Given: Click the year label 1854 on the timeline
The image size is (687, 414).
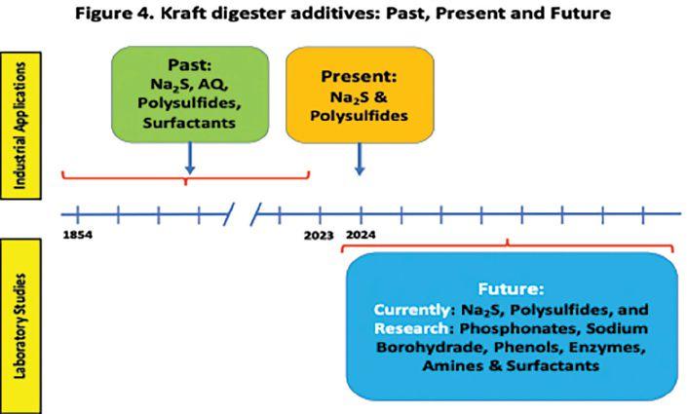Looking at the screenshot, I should [77, 236].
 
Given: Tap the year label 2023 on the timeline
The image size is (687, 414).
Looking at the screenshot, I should [319, 236].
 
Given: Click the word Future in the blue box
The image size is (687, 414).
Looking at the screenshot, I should [511, 289].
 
